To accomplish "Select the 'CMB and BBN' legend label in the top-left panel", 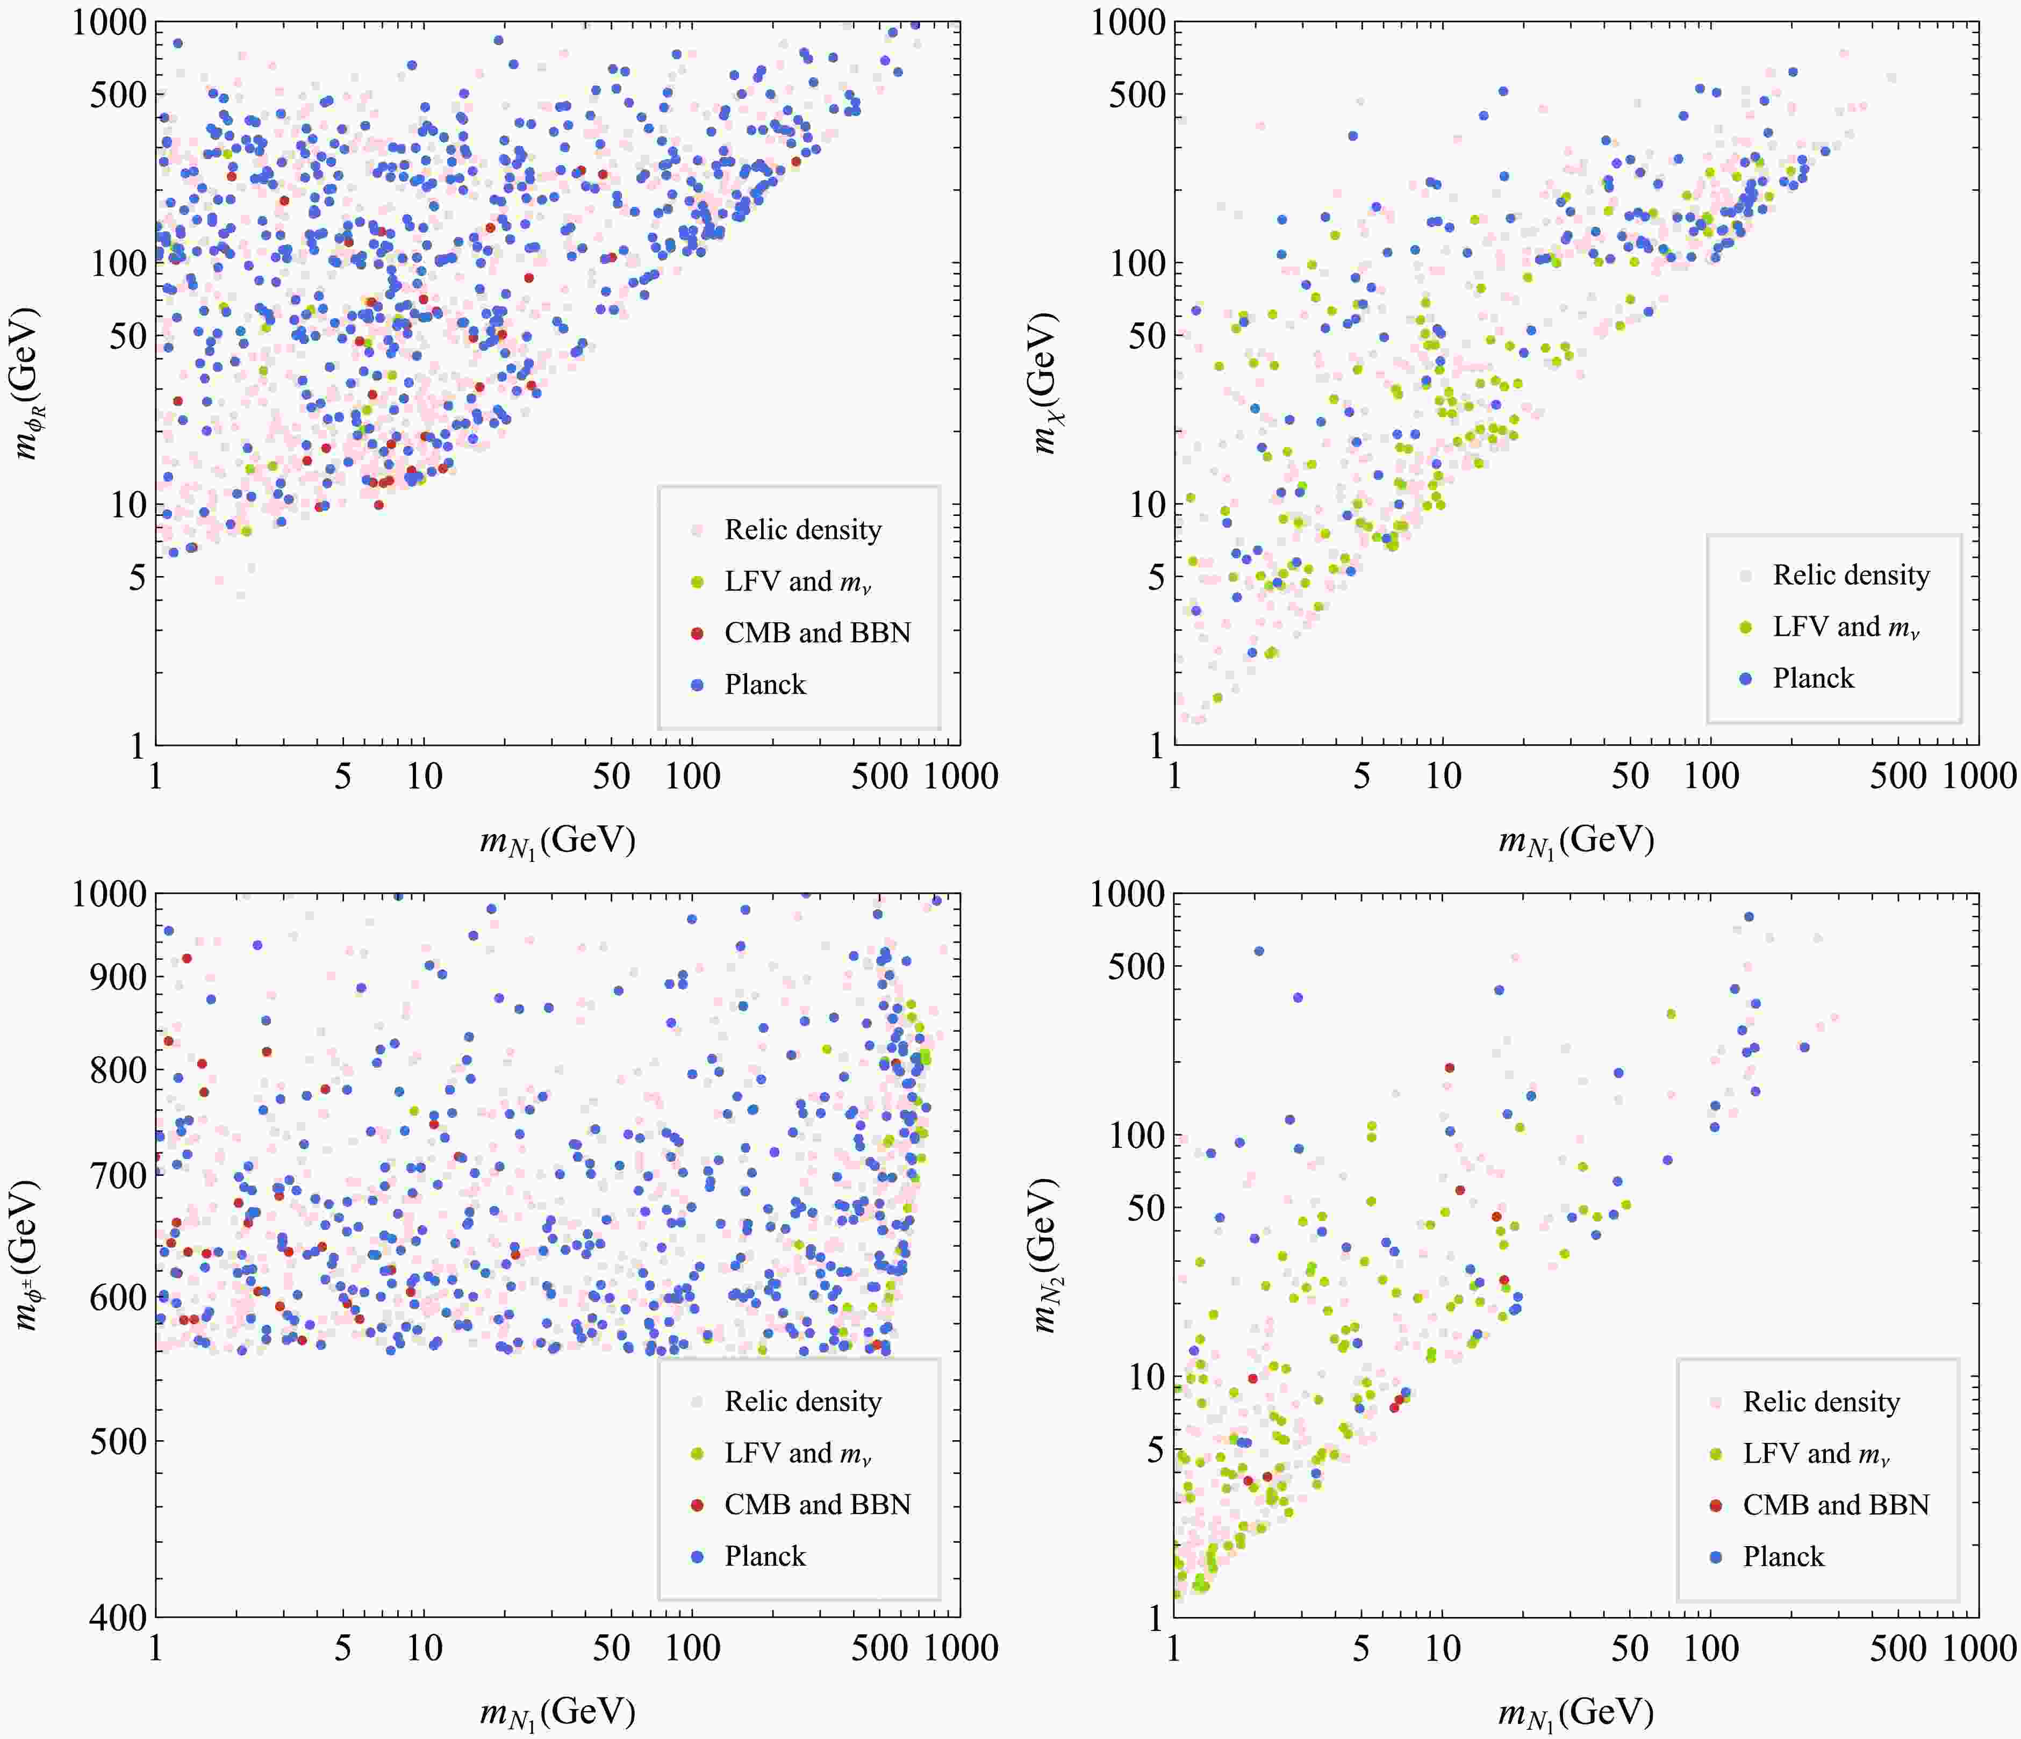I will pos(818,633).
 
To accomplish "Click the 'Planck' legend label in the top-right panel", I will pos(1813,678).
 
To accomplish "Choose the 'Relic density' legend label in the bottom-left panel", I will pos(802,1402).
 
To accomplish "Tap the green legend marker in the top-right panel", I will pos(1746,627).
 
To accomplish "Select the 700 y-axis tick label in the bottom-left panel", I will pos(118,1175).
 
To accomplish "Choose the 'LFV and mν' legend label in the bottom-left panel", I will pos(798,1453).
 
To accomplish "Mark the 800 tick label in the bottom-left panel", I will pos(118,1070).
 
